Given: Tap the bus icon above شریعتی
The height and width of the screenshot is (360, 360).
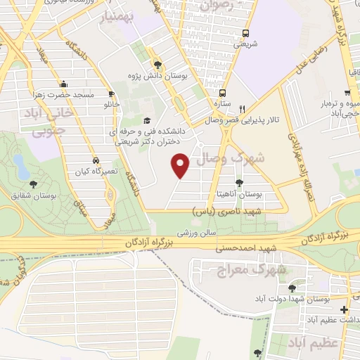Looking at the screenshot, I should click(245, 33).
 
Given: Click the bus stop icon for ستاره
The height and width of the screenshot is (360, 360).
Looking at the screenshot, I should click(223, 92).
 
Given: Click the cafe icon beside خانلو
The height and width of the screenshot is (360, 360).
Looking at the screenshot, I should click(111, 94).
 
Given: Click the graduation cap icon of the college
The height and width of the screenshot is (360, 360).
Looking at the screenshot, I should click(147, 120).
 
